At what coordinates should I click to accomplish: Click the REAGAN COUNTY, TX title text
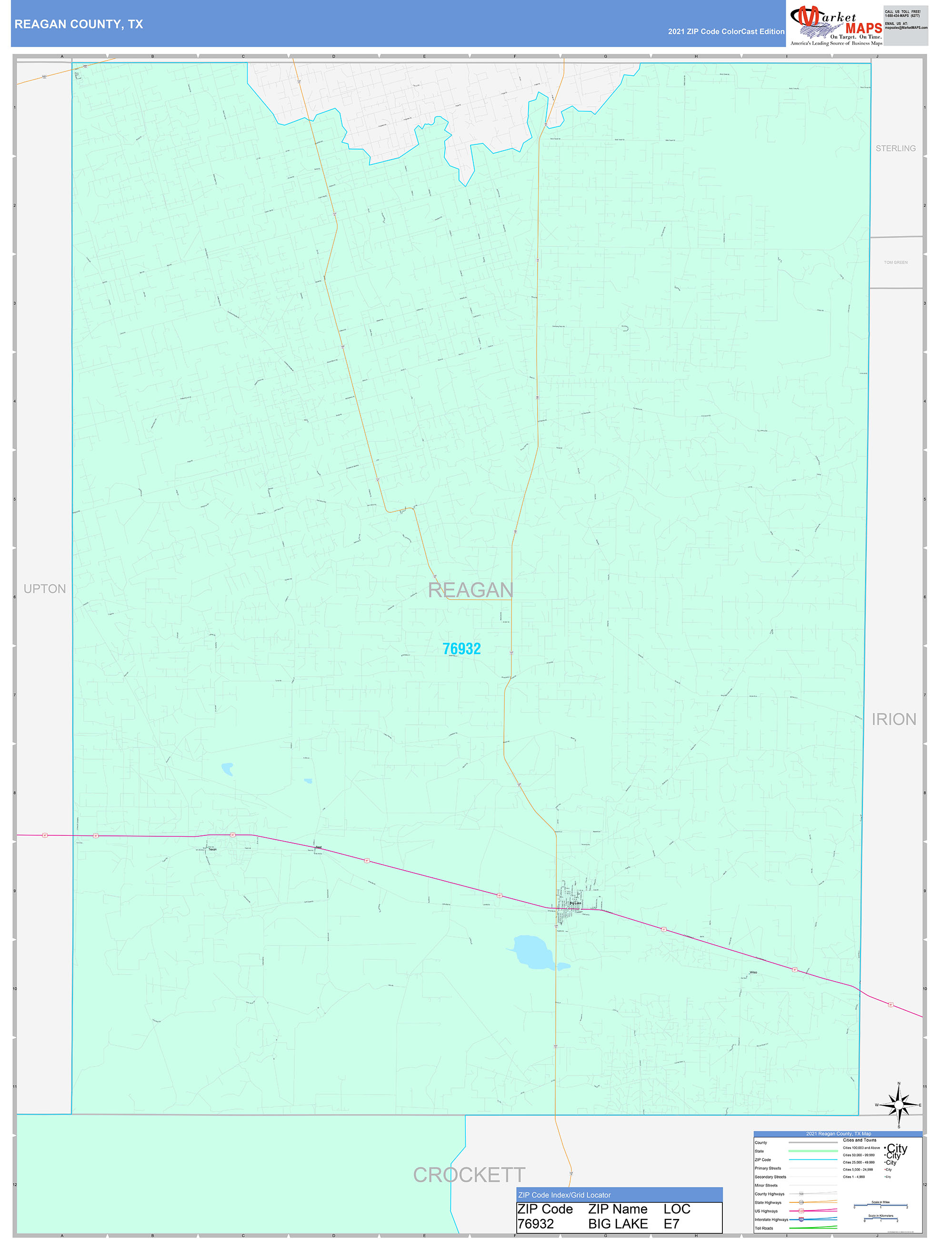[x=79, y=24]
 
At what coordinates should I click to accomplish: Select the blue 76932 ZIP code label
[x=461, y=649]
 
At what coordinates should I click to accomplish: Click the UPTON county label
[x=45, y=589]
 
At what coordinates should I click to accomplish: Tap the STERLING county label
[x=895, y=148]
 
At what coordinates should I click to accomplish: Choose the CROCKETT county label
[x=469, y=1175]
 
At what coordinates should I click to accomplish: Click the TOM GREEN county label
[x=895, y=262]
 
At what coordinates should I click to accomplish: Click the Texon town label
[x=212, y=849]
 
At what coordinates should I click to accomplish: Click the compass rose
[x=899, y=1105]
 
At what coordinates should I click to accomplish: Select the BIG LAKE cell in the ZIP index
[x=618, y=1224]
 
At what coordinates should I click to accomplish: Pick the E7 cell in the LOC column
[x=671, y=1224]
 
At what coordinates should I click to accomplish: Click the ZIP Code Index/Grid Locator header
[x=564, y=1195]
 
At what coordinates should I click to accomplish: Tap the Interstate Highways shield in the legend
[x=801, y=1219]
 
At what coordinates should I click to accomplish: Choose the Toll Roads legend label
[x=764, y=1229]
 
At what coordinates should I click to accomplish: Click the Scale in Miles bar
[x=880, y=1206]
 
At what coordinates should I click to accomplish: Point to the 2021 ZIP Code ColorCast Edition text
[x=726, y=31]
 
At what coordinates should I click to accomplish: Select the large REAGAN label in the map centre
[x=470, y=590]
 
